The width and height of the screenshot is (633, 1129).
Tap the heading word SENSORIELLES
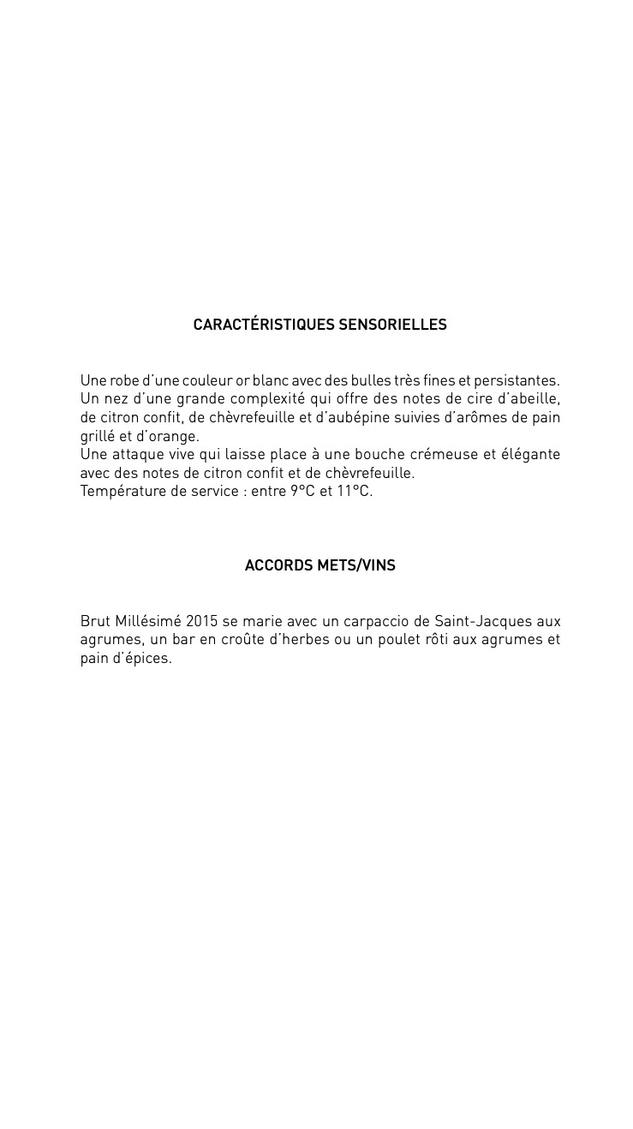pos(393,326)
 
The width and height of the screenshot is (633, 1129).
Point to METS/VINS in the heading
pos(356,566)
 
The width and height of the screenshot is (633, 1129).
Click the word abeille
pos(536,399)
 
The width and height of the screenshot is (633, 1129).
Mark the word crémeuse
pos(449,455)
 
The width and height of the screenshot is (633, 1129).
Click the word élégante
pos(528,455)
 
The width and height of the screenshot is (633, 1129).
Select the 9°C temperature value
pos(302,492)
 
